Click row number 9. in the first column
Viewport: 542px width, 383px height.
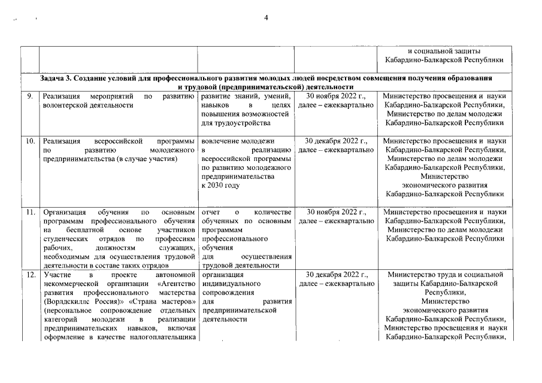[29, 96]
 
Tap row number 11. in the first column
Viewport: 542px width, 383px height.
[31, 212]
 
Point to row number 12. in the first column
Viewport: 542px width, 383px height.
[31, 275]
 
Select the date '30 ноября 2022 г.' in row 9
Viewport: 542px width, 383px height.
[335, 96]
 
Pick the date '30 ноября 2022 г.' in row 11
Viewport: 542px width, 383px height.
[335, 212]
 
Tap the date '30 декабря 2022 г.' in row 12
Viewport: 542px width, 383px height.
[335, 275]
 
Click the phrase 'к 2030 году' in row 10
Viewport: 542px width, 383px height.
[221, 186]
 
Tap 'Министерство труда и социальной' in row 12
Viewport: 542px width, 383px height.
[444, 275]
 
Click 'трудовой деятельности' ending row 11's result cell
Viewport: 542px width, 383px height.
[240, 265]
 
